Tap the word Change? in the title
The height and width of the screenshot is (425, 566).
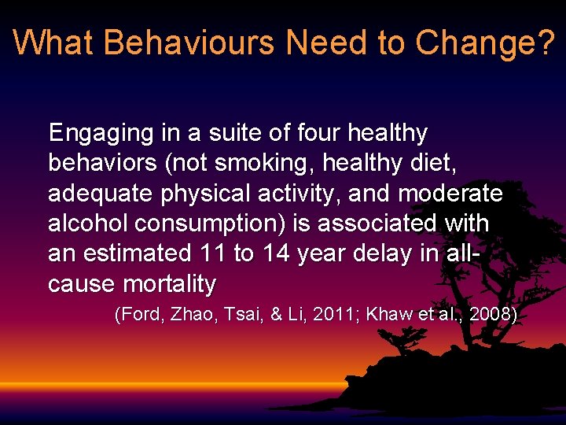pos(486,42)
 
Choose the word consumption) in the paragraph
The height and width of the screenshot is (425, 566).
pos(211,223)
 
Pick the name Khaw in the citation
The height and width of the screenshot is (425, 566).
pos(391,315)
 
